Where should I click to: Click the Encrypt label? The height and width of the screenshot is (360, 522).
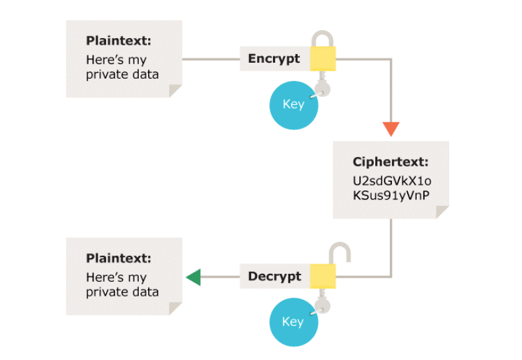[274, 59]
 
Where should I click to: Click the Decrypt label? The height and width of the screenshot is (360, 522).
[274, 277]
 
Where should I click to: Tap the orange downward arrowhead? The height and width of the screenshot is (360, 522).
[391, 129]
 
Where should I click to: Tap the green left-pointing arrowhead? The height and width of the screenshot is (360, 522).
[193, 277]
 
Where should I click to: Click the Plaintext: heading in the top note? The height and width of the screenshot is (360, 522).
[119, 41]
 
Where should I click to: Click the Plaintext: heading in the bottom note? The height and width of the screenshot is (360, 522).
[119, 258]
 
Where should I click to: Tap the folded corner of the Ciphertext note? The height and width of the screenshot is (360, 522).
[442, 212]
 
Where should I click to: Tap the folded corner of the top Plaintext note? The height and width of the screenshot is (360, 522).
[176, 91]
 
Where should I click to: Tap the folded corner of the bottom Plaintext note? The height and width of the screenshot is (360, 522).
[176, 308]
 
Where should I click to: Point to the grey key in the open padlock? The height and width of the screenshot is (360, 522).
[322, 305]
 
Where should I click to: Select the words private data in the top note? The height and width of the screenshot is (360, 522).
[122, 74]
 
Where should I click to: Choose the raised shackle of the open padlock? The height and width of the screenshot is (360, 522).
[340, 253]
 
